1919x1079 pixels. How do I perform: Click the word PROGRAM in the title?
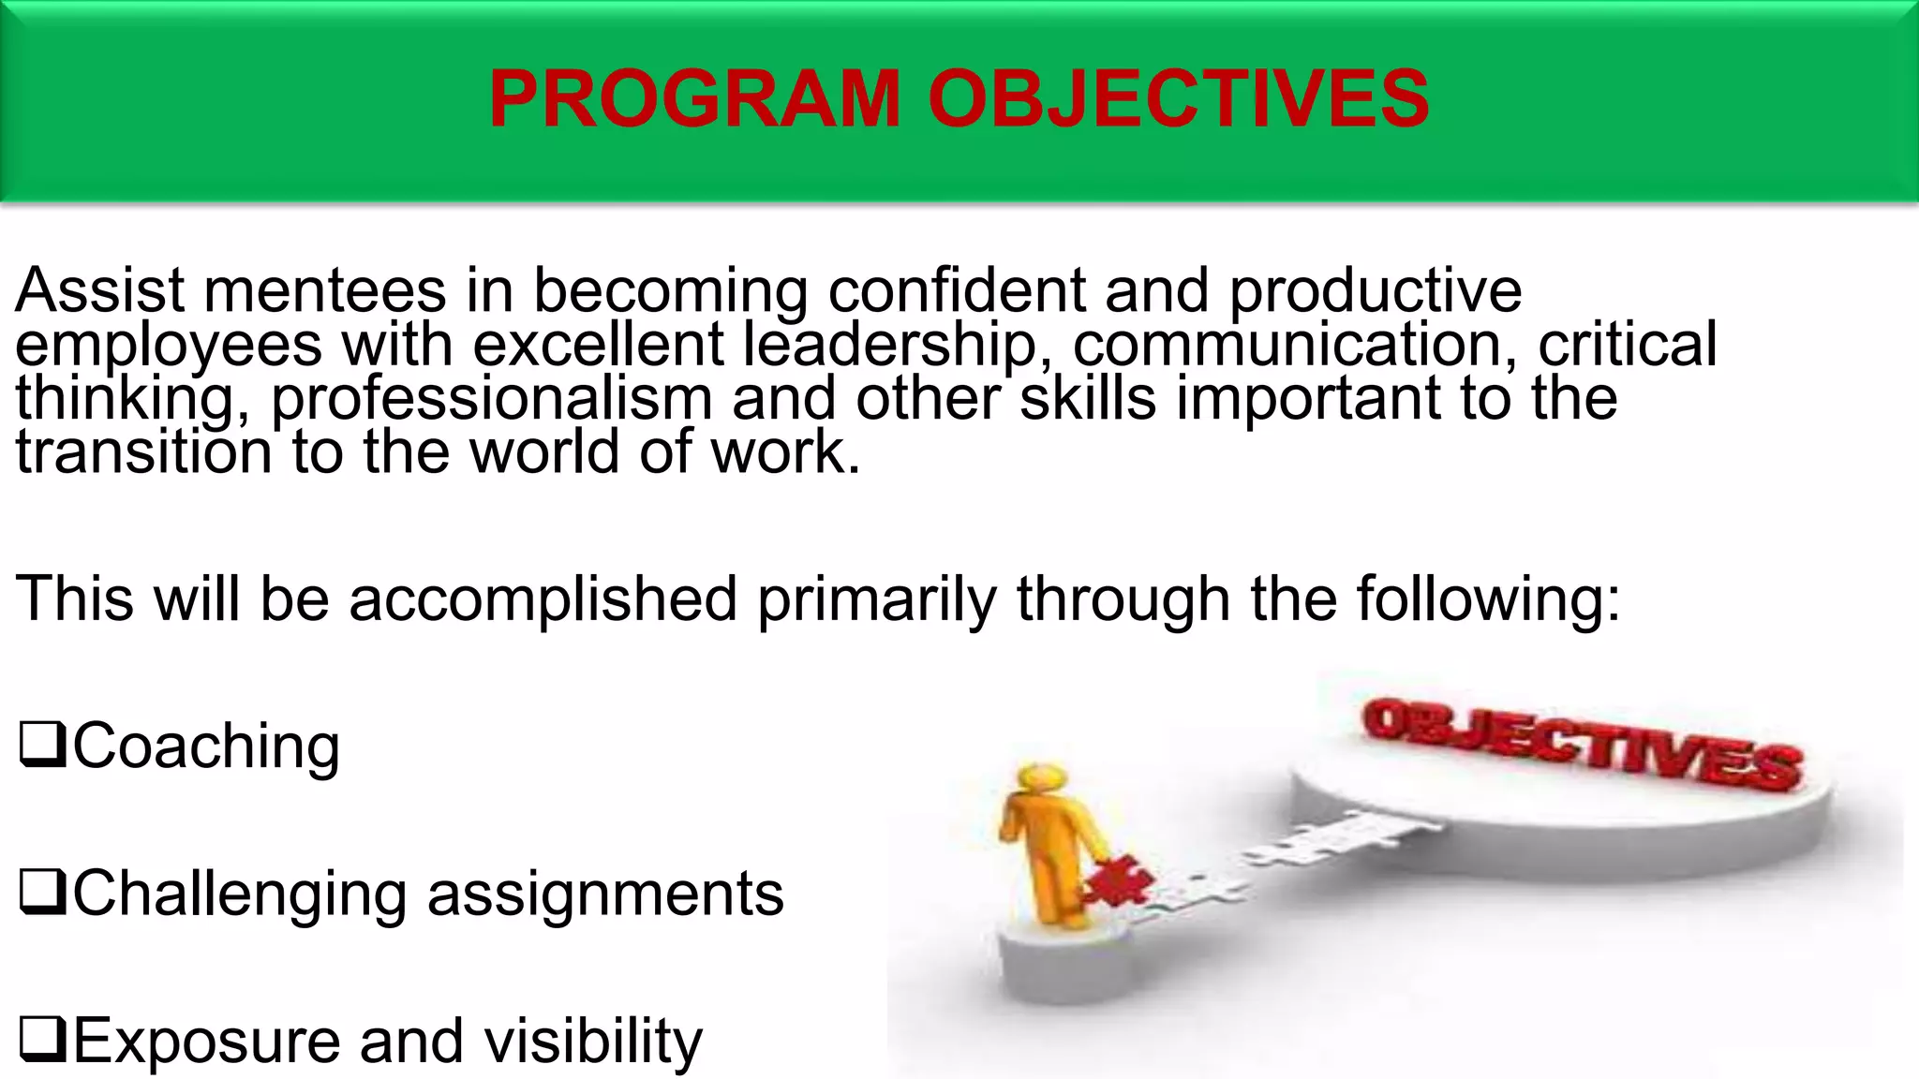tap(693, 99)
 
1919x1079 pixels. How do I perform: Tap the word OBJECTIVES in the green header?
tap(1178, 99)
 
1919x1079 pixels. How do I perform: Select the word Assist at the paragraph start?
tap(99, 290)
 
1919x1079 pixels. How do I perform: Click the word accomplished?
tap(543, 599)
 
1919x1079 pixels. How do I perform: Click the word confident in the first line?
tap(956, 290)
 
